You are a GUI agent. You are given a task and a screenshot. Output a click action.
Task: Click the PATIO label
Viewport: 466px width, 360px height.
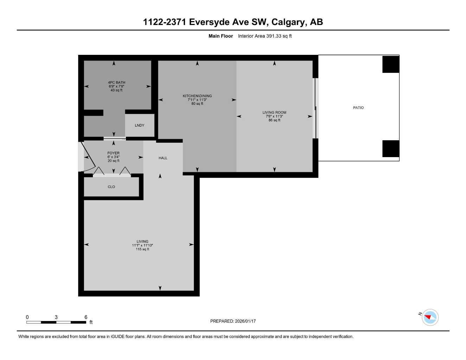[x=358, y=108]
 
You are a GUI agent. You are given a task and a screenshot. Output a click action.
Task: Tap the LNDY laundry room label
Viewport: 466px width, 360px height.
[x=139, y=125]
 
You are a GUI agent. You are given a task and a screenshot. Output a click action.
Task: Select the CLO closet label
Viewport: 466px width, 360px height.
[x=111, y=187]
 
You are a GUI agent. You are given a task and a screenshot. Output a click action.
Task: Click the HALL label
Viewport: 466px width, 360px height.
[x=163, y=158]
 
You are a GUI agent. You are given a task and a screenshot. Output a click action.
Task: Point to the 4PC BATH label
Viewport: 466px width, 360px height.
[x=116, y=82]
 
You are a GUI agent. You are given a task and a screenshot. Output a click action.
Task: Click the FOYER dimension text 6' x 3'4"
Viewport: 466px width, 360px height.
[x=113, y=157]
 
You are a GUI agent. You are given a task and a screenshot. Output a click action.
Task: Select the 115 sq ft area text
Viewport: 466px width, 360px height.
[x=142, y=249]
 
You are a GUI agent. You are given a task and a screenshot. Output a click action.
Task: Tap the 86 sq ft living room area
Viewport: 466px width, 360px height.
[x=274, y=120]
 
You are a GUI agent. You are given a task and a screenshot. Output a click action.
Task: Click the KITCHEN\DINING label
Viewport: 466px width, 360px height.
[x=197, y=96]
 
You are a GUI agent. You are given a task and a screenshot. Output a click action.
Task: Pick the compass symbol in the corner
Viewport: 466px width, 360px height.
[x=430, y=317]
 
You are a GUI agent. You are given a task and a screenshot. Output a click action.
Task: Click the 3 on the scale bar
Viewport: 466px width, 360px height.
[x=56, y=317]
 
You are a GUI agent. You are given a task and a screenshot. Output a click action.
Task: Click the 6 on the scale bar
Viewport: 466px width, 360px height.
[x=86, y=317]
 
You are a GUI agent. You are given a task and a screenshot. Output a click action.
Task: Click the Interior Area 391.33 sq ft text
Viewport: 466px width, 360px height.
[x=264, y=36]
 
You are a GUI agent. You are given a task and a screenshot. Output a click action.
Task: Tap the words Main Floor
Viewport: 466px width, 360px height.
[x=221, y=36]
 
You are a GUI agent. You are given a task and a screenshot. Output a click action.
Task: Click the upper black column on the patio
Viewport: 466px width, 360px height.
[x=390, y=64]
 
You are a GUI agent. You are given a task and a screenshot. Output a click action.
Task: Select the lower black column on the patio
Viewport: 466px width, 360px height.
[x=390, y=149]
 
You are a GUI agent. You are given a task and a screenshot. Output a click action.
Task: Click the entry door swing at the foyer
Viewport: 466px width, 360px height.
[x=88, y=157]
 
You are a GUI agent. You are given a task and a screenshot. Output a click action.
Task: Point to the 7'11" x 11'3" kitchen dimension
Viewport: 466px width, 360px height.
[x=197, y=100]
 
